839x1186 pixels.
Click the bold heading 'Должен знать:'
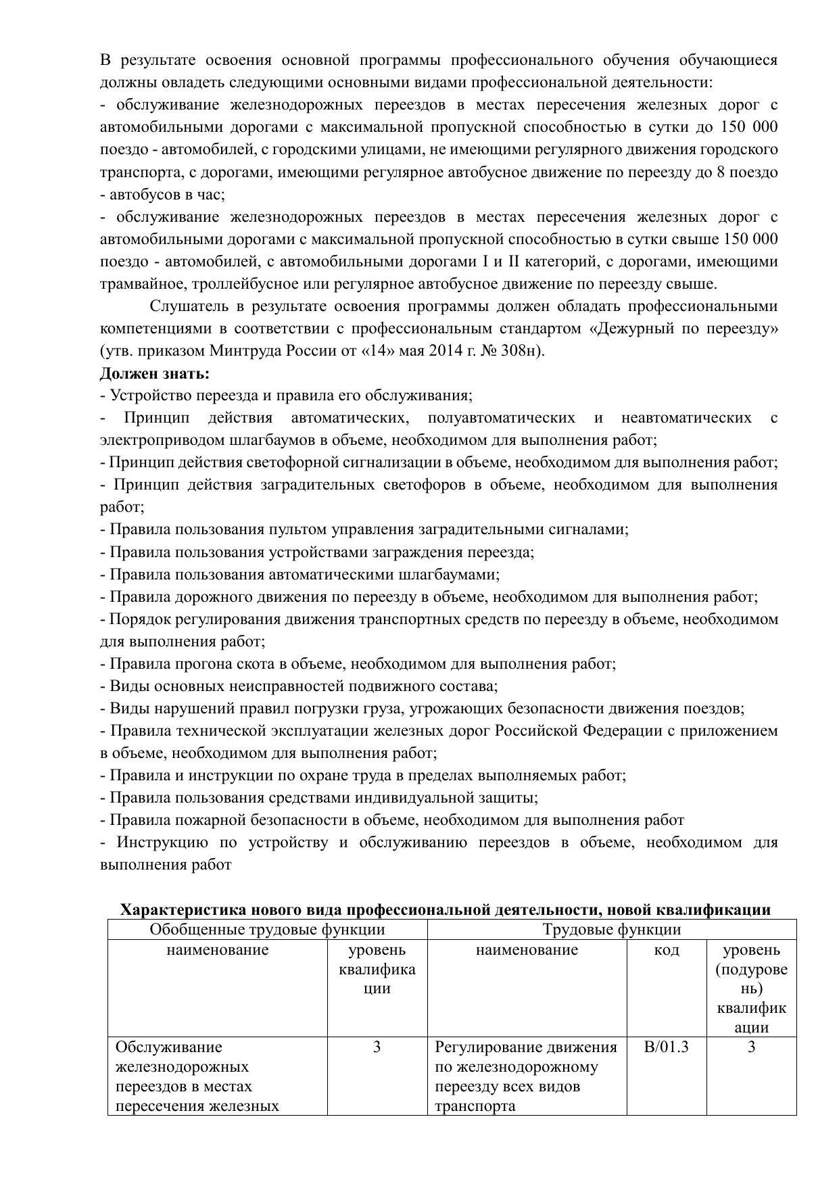pos(155,373)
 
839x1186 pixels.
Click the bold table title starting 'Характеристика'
pos(445,909)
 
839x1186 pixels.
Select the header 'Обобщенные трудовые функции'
pos(267,930)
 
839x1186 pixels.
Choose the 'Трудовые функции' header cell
pos(611,930)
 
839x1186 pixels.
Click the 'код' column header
pos(666,950)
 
